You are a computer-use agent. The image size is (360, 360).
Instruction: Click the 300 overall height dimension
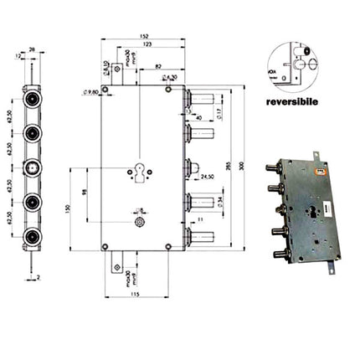pos(242,167)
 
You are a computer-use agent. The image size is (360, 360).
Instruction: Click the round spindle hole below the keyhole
pos(139,224)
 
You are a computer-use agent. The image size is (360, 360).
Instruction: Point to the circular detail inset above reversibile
pos(290,63)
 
